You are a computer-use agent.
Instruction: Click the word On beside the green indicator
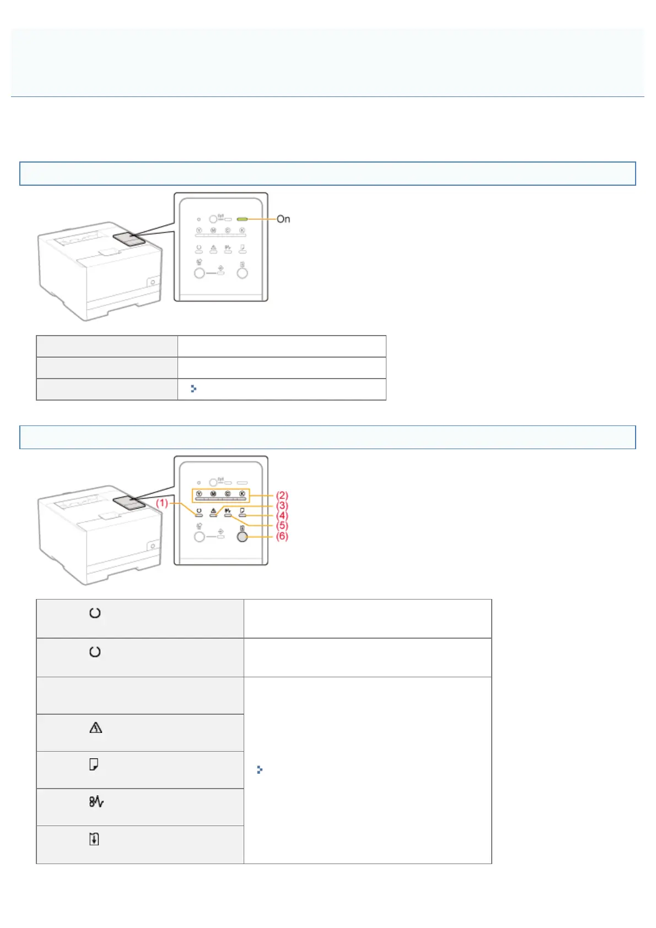pos(283,219)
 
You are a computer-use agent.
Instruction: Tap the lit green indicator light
pos(242,219)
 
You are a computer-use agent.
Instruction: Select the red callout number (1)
pos(162,503)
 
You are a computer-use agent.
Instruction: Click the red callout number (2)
pos(282,495)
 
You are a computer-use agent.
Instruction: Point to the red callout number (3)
pos(282,505)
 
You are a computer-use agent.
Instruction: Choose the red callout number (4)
pos(282,516)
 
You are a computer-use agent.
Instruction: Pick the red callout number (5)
pos(282,526)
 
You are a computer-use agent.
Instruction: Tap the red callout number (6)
pos(282,536)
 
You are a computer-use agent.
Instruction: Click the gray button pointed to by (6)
pos(242,537)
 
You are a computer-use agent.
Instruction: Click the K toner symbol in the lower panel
pos(242,494)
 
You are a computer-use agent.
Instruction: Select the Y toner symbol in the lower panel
pos(199,494)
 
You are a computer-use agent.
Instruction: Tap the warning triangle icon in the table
pos(95,728)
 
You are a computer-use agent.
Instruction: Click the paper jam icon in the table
pos(96,802)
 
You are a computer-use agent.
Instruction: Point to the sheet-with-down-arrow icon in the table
pos(94,839)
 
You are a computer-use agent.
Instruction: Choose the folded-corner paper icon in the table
pos(94,765)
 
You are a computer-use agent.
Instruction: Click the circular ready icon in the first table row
pos(95,613)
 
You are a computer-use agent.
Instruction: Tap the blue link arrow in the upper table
pos(193,389)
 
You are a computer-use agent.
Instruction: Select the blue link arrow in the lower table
pos(260,769)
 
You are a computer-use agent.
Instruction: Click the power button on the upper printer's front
pos(153,283)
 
